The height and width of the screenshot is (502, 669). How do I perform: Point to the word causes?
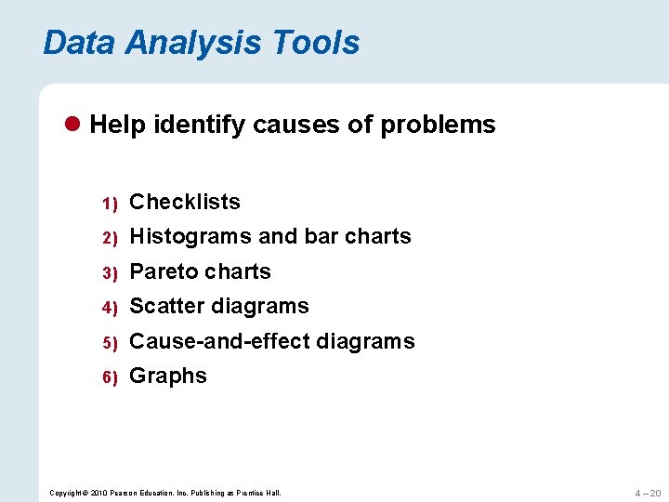[296, 125]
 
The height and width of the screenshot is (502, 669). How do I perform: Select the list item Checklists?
[185, 202]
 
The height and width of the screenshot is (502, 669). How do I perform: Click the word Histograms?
[190, 237]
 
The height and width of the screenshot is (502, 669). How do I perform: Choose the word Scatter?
[167, 306]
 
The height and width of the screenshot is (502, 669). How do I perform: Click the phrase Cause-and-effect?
[219, 341]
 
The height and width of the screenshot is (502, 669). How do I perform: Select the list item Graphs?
[168, 376]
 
